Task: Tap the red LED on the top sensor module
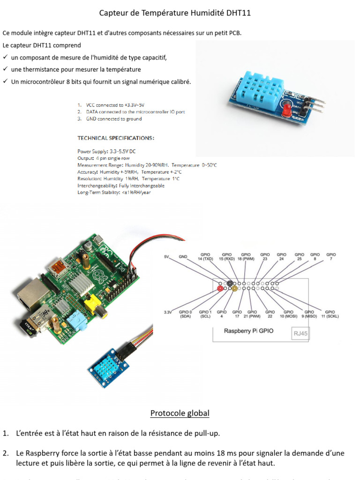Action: click(286, 111)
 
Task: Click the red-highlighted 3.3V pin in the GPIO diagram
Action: click(220, 289)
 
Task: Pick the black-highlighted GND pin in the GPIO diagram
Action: click(230, 283)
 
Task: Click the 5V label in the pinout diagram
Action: click(167, 256)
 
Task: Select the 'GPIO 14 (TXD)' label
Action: click(206, 256)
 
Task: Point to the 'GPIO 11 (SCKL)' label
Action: click(330, 314)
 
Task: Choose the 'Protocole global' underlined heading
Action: click(180, 413)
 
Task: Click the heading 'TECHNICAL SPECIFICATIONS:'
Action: click(115, 138)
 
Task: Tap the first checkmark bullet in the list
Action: click(5, 57)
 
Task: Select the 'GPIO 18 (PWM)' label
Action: click(246, 256)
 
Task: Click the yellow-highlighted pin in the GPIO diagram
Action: click(234, 289)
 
